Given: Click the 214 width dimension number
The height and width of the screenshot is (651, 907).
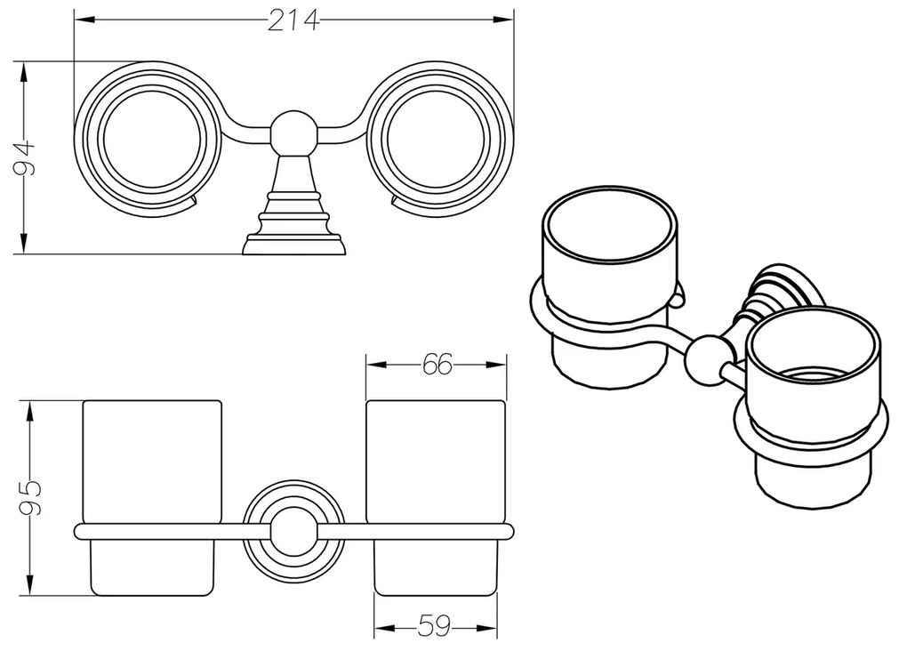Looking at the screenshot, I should point(293,20).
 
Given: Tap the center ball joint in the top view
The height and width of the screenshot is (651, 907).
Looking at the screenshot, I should point(293,131).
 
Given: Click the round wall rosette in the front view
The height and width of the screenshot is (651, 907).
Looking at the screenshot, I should point(293,532).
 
